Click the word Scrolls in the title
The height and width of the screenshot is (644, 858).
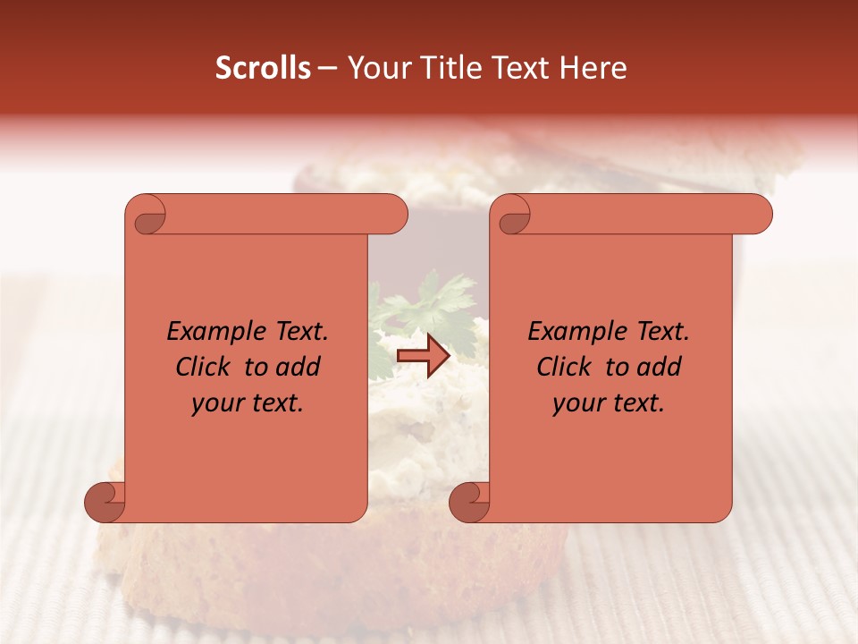click(263, 68)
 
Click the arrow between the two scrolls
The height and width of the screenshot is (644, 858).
click(424, 357)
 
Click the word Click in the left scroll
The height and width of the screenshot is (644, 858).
click(205, 367)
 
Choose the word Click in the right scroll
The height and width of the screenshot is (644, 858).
click(566, 367)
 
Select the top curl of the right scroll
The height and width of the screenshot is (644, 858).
click(513, 215)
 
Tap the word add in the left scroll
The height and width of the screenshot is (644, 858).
click(298, 367)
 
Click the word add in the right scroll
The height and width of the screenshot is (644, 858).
click(659, 367)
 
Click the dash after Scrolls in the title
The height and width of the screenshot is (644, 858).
click(327, 68)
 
